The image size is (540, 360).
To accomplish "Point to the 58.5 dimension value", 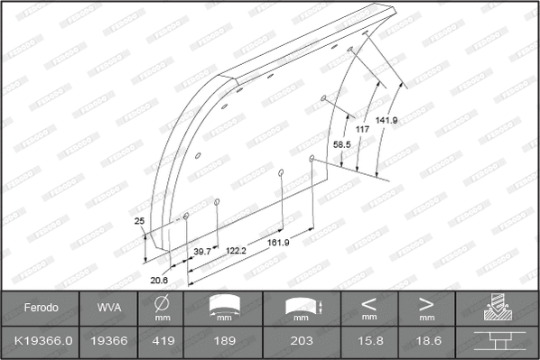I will coord(342,143).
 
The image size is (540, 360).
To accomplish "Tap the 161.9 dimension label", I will coord(278,243).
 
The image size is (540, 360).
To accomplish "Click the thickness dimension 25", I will coord(139,221).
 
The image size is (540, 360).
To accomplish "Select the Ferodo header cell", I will coord(41,309).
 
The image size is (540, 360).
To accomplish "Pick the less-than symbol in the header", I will coord(368,303).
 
